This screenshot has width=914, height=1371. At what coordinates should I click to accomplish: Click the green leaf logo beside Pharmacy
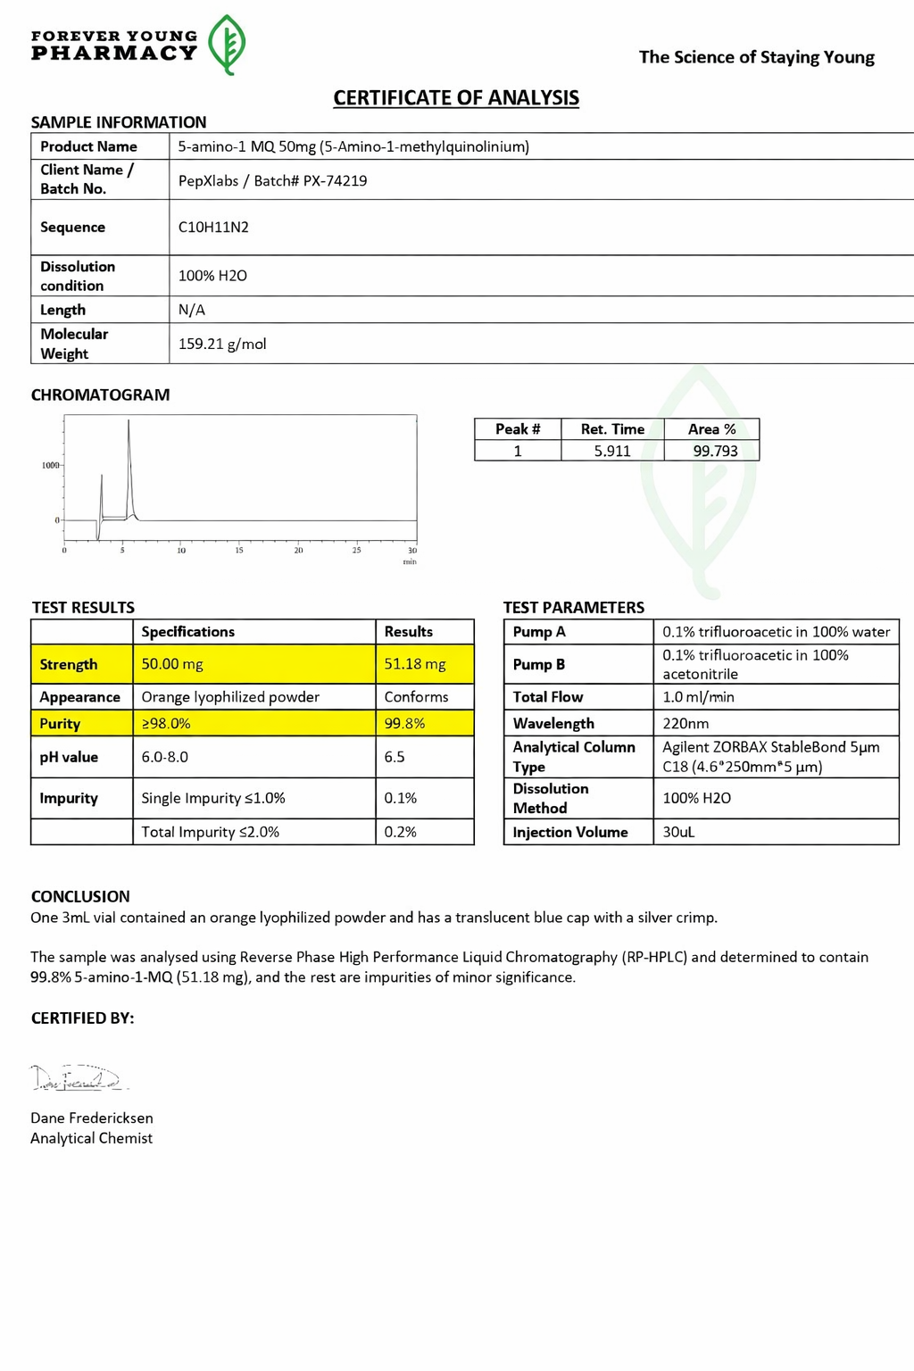(x=227, y=45)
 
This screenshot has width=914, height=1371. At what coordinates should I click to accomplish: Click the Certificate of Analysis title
(x=456, y=98)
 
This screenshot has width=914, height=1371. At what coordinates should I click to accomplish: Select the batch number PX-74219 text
(x=335, y=181)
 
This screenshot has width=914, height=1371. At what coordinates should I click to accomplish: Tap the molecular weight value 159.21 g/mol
(x=222, y=345)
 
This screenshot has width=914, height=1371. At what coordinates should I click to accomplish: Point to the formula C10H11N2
(x=213, y=228)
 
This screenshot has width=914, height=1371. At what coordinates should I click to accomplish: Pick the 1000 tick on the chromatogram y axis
(x=51, y=465)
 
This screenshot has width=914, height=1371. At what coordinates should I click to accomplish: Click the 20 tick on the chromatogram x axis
(x=298, y=550)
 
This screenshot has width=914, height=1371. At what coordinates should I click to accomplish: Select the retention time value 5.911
(x=612, y=452)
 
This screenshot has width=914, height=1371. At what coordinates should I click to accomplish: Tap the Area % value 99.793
(x=715, y=452)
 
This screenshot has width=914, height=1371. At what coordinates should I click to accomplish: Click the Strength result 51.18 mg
(x=415, y=665)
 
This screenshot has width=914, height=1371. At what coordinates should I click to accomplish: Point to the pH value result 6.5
(x=395, y=757)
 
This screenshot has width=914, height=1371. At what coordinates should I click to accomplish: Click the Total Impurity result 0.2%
(x=401, y=832)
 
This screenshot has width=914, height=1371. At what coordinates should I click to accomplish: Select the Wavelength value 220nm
(x=685, y=724)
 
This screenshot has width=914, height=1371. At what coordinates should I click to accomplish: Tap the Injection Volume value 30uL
(x=678, y=832)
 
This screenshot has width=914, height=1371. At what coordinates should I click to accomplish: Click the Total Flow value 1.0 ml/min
(x=698, y=697)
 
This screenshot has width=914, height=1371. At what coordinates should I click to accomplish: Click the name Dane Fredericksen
(x=92, y=1118)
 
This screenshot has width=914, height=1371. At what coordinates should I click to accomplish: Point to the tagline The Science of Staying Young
(x=756, y=57)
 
